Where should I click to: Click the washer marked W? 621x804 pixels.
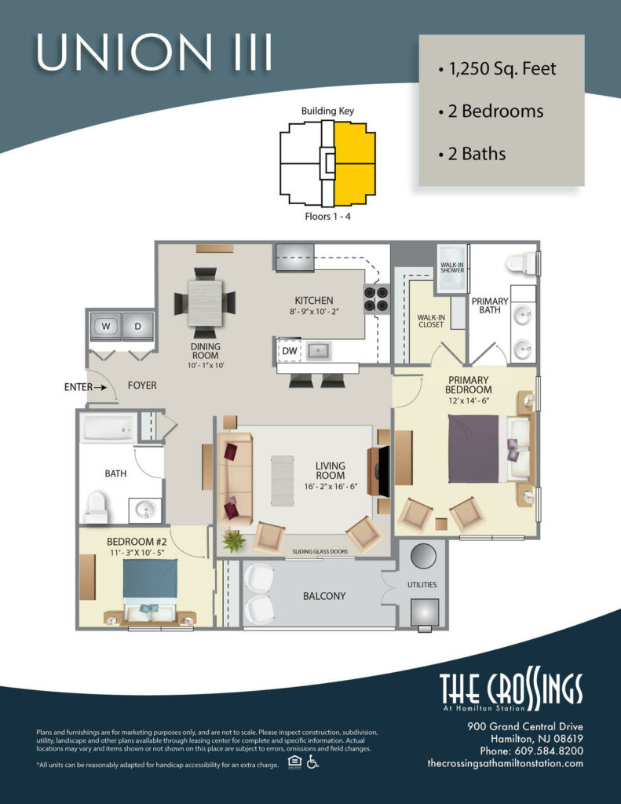[x=105, y=326]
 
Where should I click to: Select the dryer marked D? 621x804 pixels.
[x=138, y=326]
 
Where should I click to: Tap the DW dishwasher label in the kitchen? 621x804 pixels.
[x=288, y=351]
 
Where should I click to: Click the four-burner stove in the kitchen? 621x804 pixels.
[x=375, y=300]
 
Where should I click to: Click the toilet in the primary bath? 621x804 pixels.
[x=521, y=262]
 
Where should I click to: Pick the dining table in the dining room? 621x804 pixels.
[x=204, y=299]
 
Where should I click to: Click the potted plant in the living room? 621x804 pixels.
[x=233, y=540]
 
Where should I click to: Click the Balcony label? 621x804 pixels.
[x=324, y=596]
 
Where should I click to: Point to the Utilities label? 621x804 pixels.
[x=422, y=585]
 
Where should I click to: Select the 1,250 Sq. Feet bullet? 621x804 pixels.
[x=498, y=69]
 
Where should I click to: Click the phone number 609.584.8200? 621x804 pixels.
[x=528, y=750]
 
